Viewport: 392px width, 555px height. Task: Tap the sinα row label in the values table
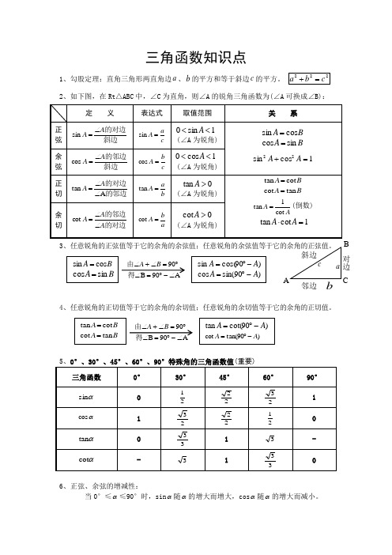click(81, 397)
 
